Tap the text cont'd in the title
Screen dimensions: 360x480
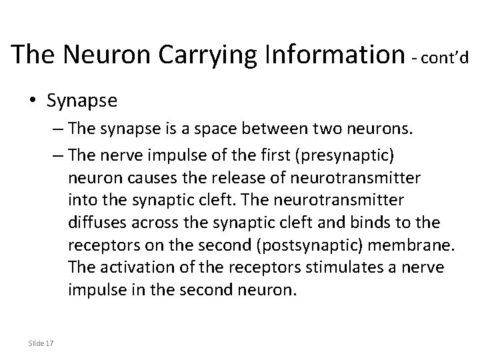click(442, 59)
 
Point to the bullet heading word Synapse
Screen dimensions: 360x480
click(82, 101)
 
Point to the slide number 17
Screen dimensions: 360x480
click(51, 343)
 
